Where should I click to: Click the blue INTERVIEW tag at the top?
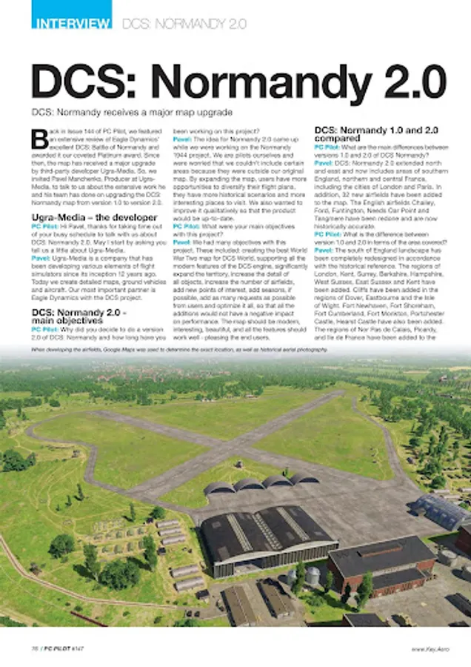[x=71, y=23]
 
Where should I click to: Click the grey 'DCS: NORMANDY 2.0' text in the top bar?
[x=184, y=24]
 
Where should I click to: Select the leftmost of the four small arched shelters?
[x=218, y=488]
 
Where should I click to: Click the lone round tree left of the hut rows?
[x=61, y=545]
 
